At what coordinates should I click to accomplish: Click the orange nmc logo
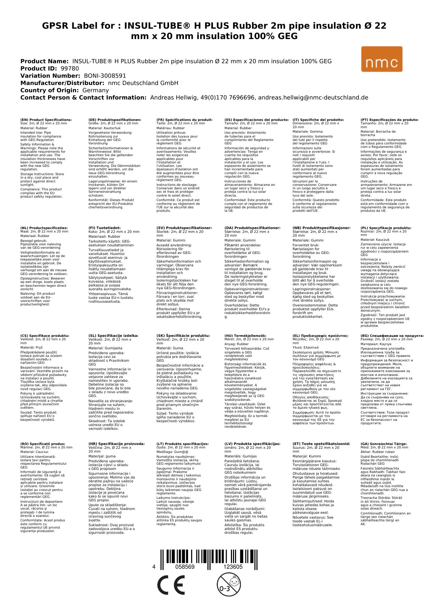click(x=382, y=59)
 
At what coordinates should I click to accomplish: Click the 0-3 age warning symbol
click(x=229, y=584)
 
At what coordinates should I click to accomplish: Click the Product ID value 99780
click(x=70, y=68)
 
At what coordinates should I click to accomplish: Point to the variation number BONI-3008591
click(x=105, y=76)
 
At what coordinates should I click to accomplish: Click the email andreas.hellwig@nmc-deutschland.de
click(x=313, y=97)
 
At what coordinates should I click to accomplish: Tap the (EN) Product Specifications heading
click(x=46, y=120)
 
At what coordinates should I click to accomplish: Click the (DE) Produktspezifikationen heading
click(x=115, y=120)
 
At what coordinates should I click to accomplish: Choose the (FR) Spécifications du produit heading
click(x=184, y=120)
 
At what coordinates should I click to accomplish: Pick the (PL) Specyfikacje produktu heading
click(x=386, y=228)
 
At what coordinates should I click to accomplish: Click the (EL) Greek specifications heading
click(x=320, y=336)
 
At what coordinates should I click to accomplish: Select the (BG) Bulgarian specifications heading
click(x=392, y=336)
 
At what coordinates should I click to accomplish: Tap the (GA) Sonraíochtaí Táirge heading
click(x=379, y=444)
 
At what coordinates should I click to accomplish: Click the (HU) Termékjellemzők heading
click(x=245, y=336)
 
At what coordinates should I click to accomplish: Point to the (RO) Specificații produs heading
click(x=43, y=444)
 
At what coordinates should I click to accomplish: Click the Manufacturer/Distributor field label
click(x=62, y=83)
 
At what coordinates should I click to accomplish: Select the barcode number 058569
click(x=185, y=567)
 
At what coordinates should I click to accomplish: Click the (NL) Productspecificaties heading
click(x=44, y=228)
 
